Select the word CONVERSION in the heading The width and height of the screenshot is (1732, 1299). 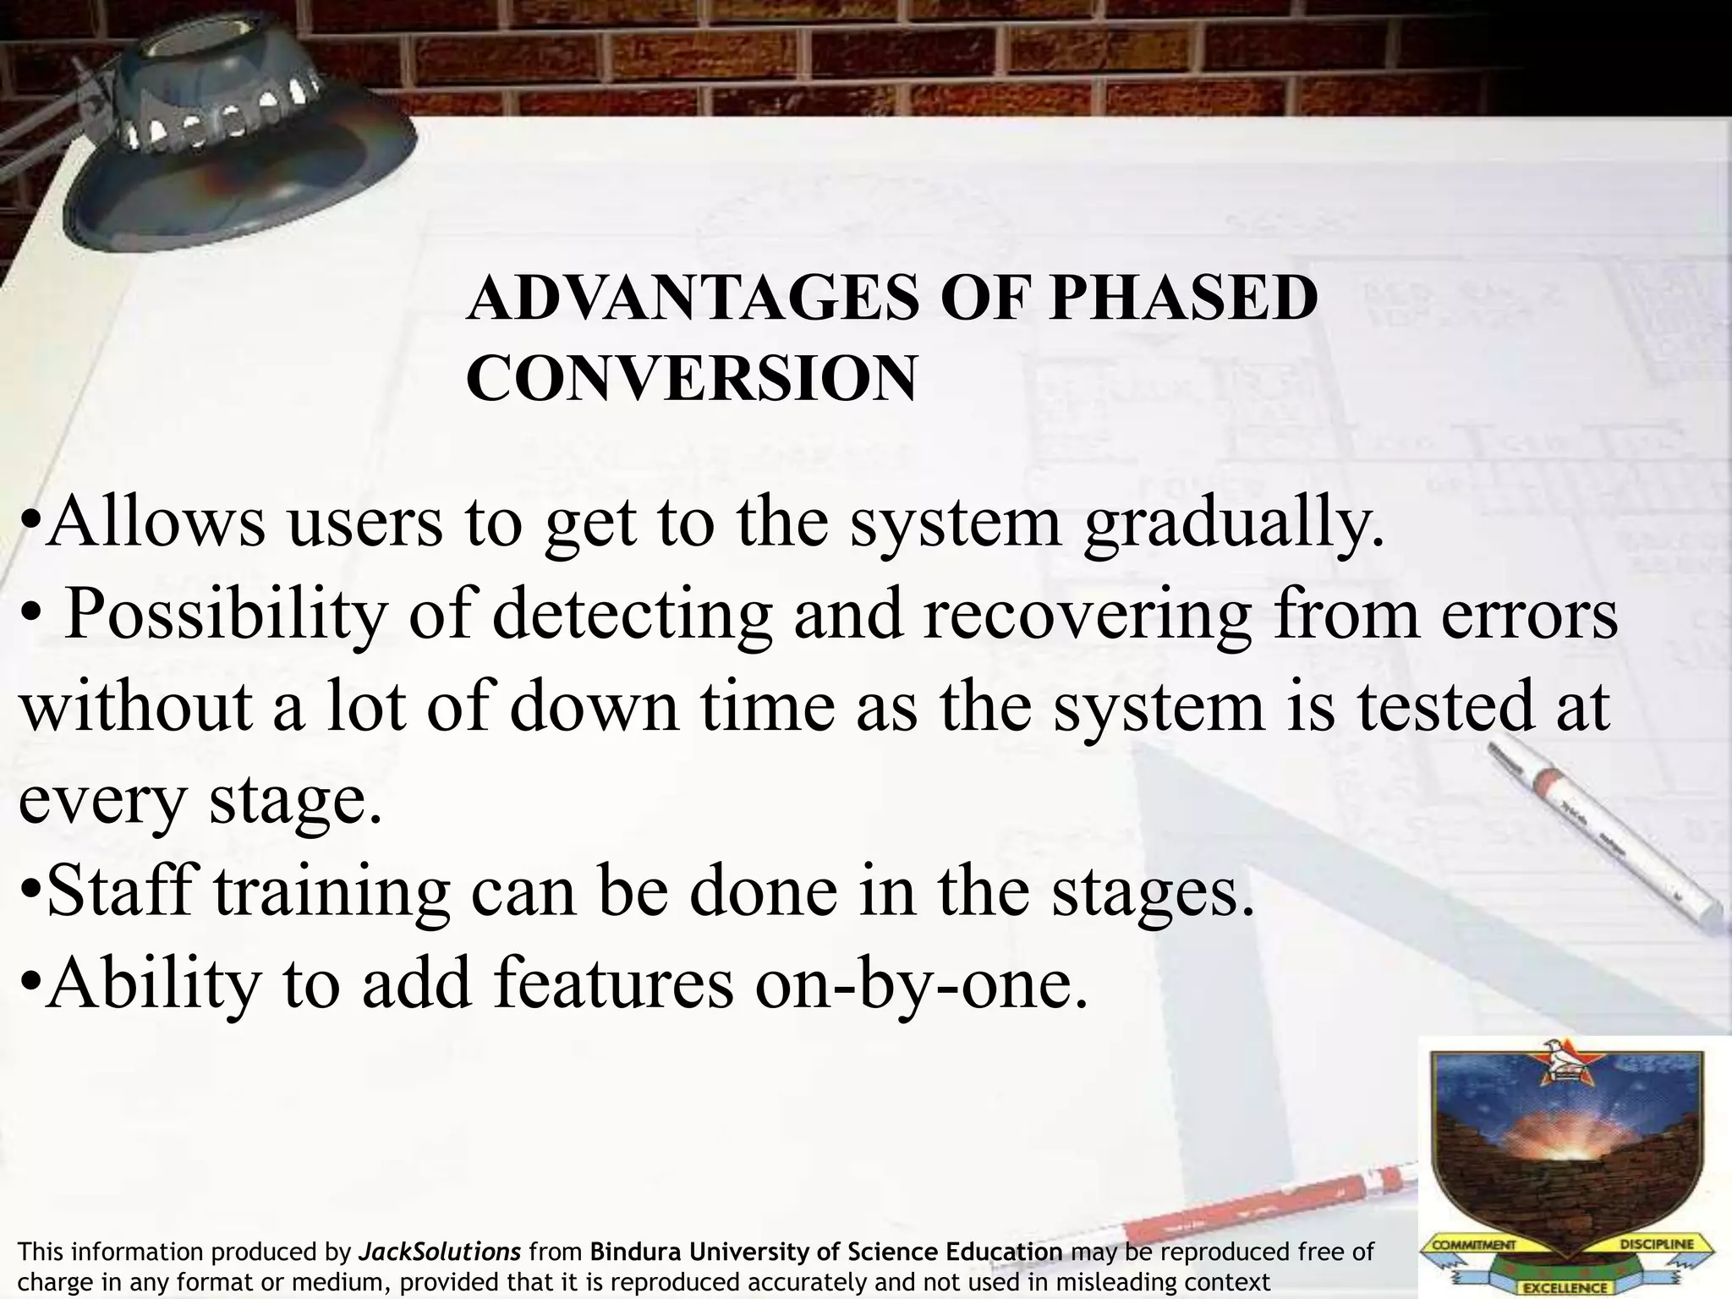(691, 378)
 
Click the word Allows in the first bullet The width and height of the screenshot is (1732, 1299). (155, 521)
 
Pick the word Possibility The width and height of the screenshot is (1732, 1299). (225, 615)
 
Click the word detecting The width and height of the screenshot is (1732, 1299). (631, 615)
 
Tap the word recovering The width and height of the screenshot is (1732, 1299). (1088, 615)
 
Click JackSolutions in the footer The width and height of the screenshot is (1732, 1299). (440, 1252)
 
